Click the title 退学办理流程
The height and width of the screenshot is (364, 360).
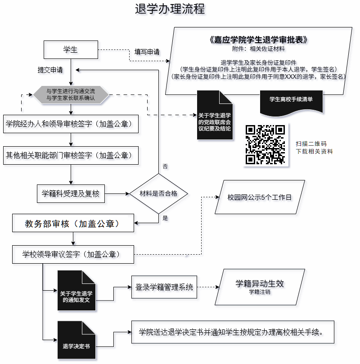point(170,9)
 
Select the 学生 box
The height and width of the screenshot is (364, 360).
point(71,49)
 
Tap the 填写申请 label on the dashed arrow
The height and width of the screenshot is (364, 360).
point(147,52)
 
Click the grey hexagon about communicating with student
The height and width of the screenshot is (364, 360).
point(71,94)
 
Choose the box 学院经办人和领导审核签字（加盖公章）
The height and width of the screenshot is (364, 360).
point(71,123)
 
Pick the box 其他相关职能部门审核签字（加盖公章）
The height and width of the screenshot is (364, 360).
point(71,156)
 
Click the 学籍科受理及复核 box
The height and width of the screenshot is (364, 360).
point(71,194)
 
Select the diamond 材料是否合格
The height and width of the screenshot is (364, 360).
point(158,194)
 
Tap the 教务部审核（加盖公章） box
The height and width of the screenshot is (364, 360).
point(73,223)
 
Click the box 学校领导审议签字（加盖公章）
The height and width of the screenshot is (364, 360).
point(73,254)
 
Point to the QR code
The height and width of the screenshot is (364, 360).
point(265,144)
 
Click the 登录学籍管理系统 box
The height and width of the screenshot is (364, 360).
point(164,287)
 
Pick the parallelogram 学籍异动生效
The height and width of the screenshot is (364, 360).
point(260,287)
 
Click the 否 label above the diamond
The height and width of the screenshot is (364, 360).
point(165,166)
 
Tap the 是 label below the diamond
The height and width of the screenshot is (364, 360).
point(165,218)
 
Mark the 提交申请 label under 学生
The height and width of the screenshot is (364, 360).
point(50,70)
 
